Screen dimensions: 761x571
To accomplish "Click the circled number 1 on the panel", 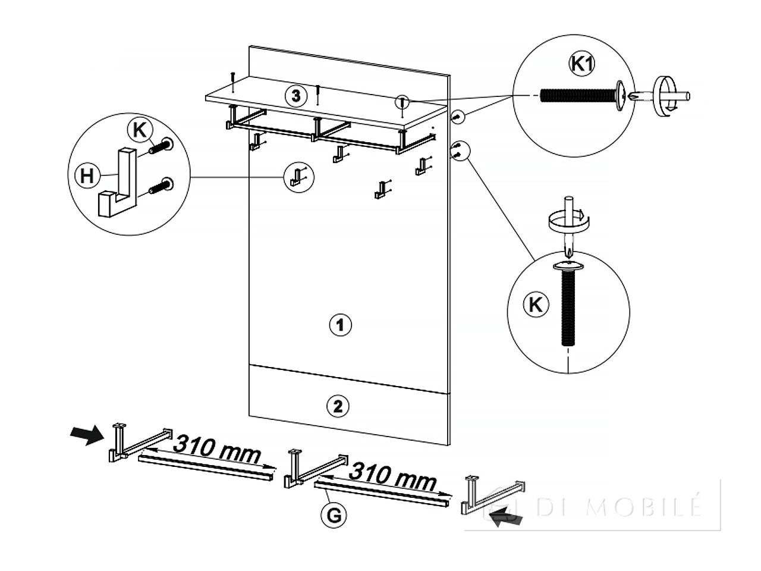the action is pos(339,325).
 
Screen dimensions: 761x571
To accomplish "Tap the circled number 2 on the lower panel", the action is pos(338,406).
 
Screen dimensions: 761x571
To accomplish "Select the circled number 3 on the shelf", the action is pos(295,96).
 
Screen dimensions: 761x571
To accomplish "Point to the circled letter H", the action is pos(86,176).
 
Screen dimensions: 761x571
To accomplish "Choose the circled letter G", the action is pos(334,516).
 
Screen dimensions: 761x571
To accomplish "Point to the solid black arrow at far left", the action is pos(87,435).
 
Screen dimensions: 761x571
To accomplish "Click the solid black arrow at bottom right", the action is pos(505,517).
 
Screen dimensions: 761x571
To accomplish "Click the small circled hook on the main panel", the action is pos(298,177).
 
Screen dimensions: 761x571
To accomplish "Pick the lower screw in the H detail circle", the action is pos(162,186).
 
